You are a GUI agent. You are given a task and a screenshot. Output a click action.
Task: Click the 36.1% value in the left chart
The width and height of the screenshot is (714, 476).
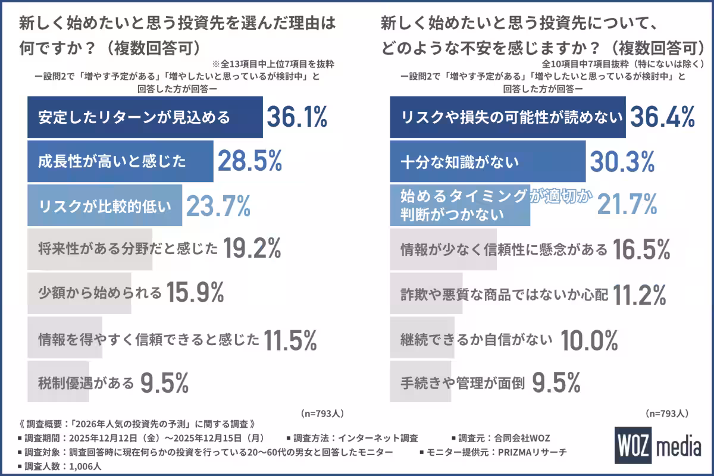(x=296, y=117)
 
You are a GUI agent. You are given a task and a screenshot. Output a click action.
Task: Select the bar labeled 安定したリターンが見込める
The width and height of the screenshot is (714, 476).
(x=145, y=117)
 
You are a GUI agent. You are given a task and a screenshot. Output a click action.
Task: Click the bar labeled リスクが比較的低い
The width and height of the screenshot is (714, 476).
(x=105, y=206)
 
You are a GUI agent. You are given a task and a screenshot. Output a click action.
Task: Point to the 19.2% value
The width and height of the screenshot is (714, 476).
(x=252, y=250)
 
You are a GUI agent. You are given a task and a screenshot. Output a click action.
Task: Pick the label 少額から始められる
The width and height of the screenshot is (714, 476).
(x=100, y=293)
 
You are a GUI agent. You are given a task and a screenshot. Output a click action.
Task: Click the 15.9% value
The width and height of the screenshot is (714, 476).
(x=195, y=293)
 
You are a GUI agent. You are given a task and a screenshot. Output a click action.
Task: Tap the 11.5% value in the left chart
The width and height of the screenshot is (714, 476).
(x=290, y=339)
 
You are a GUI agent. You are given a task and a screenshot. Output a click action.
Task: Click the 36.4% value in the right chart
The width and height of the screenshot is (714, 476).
(x=662, y=117)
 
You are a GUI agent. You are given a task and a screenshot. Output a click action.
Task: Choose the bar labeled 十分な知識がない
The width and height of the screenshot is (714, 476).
(x=487, y=161)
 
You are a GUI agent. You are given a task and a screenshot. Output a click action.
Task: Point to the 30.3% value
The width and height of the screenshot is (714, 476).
(x=622, y=161)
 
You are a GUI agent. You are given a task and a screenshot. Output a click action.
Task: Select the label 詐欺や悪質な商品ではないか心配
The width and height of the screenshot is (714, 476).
(x=504, y=294)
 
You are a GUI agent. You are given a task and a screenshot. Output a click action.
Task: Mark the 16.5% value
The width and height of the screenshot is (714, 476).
(x=641, y=250)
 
